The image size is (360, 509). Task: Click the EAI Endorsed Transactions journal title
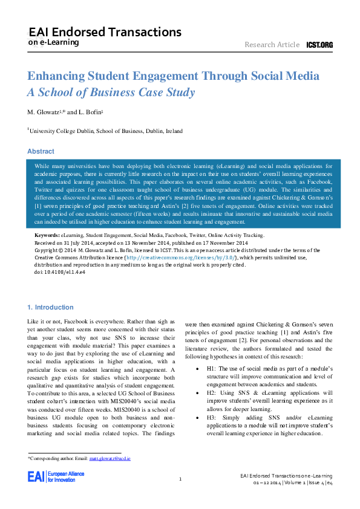(105, 32)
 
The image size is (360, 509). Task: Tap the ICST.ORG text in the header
(319, 45)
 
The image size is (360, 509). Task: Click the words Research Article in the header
(272, 45)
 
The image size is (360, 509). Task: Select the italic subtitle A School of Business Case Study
(111, 92)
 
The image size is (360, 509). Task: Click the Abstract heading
(41, 151)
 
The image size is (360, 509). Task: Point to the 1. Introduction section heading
(51, 307)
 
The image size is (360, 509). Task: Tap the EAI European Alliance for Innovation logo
(51, 477)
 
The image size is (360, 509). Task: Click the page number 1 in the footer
(181, 479)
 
